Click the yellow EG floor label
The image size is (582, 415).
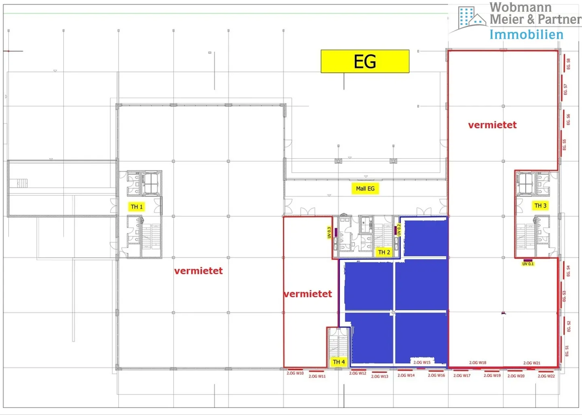(365, 62)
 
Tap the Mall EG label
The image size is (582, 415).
(365, 189)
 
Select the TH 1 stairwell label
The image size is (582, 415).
(137, 207)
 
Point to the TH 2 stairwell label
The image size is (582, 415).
(384, 252)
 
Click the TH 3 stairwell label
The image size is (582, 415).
(540, 206)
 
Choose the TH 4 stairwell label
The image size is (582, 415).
(339, 362)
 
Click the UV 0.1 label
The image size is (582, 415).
(528, 264)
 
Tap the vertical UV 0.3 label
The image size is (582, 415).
(329, 232)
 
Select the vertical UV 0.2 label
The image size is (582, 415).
(399, 230)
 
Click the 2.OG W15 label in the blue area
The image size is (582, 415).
(422, 362)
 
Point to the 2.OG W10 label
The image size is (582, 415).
(295, 373)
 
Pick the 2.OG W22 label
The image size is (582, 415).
(546, 376)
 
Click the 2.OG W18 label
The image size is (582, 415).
(477, 363)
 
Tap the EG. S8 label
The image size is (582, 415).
(568, 64)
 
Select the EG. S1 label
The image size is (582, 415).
(567, 351)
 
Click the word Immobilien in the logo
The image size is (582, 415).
(526, 35)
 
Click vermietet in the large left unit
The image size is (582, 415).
(198, 271)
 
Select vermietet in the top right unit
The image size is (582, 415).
(492, 125)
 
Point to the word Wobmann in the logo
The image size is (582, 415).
(521, 7)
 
